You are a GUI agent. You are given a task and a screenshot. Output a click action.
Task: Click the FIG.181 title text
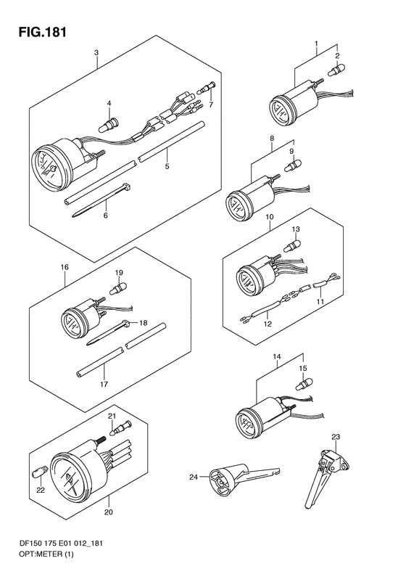(x=43, y=32)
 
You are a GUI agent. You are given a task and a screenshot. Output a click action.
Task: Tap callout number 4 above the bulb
(x=109, y=104)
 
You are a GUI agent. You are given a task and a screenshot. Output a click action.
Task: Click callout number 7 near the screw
(x=211, y=105)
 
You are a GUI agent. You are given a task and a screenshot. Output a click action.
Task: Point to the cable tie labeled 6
(x=101, y=201)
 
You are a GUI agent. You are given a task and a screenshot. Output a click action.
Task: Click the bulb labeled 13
(x=294, y=244)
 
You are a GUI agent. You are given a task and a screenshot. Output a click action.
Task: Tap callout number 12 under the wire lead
(x=268, y=324)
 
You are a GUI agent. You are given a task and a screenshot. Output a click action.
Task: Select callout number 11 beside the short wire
(x=320, y=302)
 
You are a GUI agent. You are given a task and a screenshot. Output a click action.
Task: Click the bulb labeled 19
(x=118, y=289)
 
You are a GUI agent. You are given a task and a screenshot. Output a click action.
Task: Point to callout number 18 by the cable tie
(x=143, y=322)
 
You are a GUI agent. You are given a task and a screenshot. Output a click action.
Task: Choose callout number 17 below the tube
(x=104, y=384)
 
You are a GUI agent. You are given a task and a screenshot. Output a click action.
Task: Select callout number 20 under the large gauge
(x=108, y=512)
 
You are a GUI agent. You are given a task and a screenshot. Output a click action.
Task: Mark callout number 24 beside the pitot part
(x=194, y=477)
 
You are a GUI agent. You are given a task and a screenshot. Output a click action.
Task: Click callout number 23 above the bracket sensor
(x=336, y=437)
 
